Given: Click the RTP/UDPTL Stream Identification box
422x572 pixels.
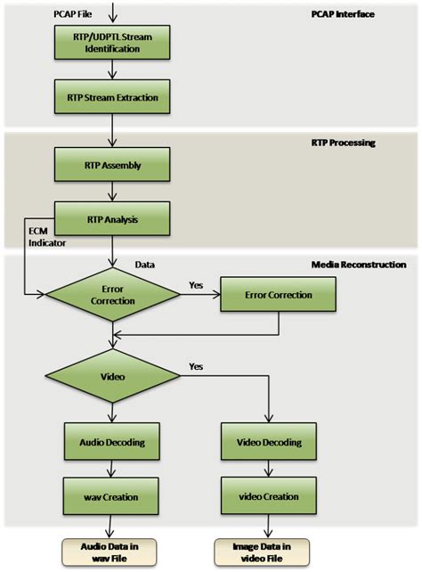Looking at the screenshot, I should click(x=110, y=42).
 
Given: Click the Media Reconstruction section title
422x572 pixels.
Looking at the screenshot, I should click(x=359, y=265).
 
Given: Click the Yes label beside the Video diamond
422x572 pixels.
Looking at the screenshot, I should click(x=197, y=366).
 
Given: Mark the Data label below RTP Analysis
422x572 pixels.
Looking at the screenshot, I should click(x=145, y=265).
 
